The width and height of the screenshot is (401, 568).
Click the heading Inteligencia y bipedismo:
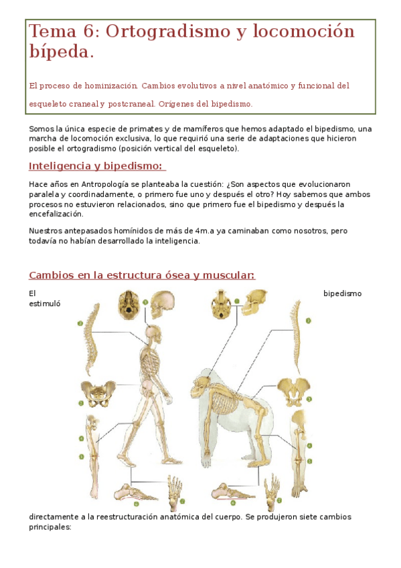tap(96, 166)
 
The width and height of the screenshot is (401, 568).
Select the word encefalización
tap(56, 214)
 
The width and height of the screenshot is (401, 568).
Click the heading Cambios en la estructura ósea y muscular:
tap(142, 275)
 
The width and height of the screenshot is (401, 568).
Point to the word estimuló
tap(44, 303)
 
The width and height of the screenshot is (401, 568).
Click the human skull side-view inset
tap(161, 305)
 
